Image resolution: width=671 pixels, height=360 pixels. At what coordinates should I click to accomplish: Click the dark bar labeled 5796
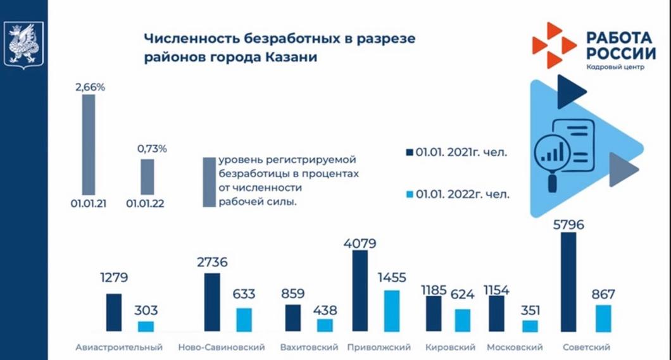click(569, 282)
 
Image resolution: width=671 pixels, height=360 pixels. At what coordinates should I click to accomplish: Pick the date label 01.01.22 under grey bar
click(147, 204)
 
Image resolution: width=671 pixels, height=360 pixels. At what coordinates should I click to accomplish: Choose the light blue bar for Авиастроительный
click(146, 326)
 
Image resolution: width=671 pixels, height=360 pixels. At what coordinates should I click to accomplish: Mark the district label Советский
click(586, 347)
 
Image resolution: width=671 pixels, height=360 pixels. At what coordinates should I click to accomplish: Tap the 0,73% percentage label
click(152, 149)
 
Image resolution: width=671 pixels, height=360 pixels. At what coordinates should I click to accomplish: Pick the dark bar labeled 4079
click(360, 291)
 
